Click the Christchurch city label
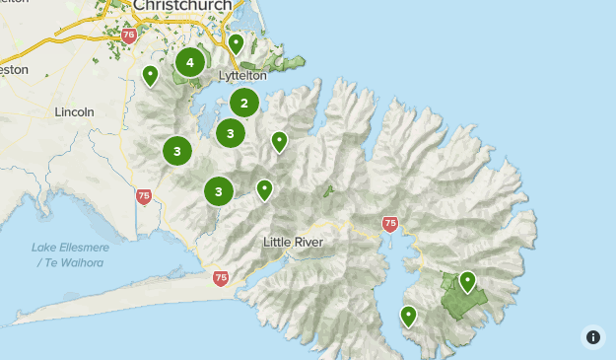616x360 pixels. (182, 7)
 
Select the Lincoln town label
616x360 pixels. (75, 111)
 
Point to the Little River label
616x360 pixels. (294, 242)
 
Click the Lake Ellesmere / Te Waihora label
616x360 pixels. (70, 254)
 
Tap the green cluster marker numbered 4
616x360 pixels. (189, 63)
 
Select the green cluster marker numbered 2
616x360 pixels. (244, 103)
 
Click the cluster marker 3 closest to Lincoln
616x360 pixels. (177, 151)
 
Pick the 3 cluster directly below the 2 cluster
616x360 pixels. (230, 133)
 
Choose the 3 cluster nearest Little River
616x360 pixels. (219, 191)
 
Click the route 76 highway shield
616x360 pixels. (129, 36)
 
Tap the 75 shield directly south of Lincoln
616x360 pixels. (144, 197)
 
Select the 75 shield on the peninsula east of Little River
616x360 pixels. (389, 224)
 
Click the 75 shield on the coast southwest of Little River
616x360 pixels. (220, 279)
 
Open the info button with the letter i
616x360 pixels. (593, 336)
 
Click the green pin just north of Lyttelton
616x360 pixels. (236, 43)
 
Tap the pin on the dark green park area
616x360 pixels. (467, 282)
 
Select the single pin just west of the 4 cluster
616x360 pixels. (151, 75)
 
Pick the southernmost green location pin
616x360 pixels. (408, 316)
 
